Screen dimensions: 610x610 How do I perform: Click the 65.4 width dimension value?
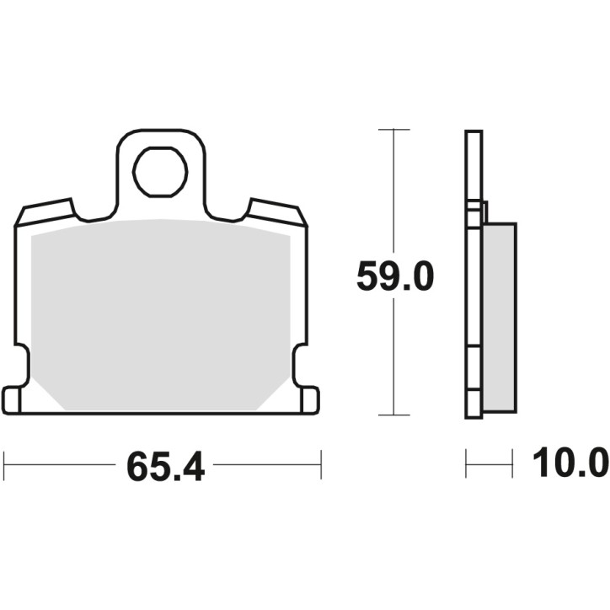(165, 465)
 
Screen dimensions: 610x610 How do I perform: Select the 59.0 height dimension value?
(394, 276)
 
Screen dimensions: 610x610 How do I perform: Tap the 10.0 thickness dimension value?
(570, 463)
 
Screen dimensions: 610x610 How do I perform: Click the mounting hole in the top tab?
(160, 171)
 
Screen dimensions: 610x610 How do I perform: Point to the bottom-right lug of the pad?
(308, 399)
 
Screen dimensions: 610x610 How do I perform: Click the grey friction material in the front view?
(160, 312)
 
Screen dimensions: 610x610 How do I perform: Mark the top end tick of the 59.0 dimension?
(394, 130)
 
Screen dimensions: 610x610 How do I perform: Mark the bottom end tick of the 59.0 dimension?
(394, 415)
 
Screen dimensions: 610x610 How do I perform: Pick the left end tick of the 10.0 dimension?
(467, 463)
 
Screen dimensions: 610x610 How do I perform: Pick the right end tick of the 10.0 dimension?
(512, 463)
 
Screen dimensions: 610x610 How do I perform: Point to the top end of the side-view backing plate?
(474, 133)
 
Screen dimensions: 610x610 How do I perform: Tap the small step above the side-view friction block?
(483, 212)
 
